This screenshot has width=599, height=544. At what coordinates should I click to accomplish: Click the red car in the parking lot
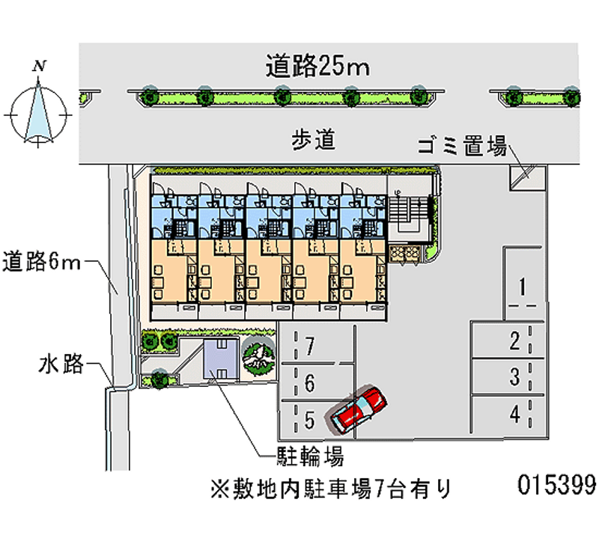click(x=359, y=409)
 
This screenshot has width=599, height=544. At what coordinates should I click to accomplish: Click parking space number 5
click(x=308, y=421)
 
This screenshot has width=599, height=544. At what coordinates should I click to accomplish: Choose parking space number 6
click(x=308, y=384)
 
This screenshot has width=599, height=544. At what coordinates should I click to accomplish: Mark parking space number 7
click(x=308, y=346)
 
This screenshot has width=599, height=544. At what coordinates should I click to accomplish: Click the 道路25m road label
click(x=317, y=67)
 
